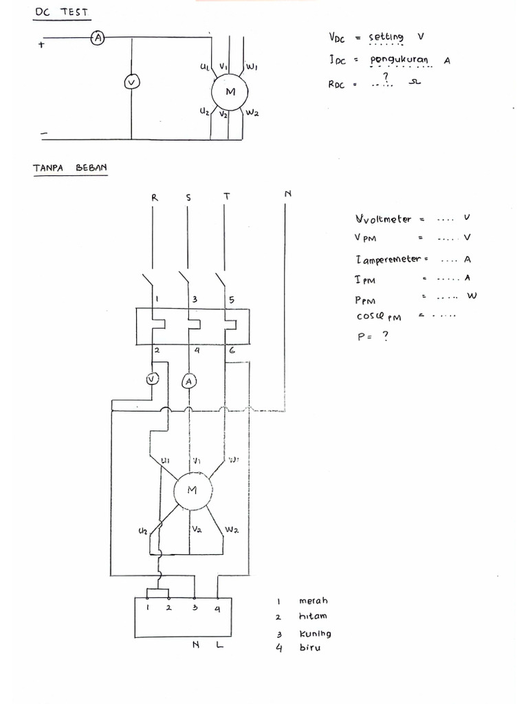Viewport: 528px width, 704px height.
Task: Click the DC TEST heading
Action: [x=61, y=12]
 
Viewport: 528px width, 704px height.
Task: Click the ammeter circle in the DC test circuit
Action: [x=98, y=39]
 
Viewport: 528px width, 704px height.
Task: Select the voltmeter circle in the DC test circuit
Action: [x=131, y=82]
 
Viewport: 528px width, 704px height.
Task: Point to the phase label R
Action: [x=154, y=197]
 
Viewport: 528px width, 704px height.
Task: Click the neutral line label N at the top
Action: [x=287, y=194]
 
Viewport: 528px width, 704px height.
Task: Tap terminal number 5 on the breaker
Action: [x=231, y=300]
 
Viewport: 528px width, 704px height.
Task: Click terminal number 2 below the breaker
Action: [x=157, y=351]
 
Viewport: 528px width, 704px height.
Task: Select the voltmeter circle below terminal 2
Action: [x=153, y=379]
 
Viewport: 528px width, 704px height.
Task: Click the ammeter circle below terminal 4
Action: [x=190, y=380]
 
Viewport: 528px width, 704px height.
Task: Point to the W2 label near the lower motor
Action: [x=232, y=530]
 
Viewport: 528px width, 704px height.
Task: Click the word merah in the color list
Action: [x=313, y=601]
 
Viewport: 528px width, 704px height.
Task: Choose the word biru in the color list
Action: [x=310, y=648]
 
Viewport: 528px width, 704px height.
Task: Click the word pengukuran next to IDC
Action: [x=399, y=60]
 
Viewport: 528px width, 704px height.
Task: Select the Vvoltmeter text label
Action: [x=384, y=219]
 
